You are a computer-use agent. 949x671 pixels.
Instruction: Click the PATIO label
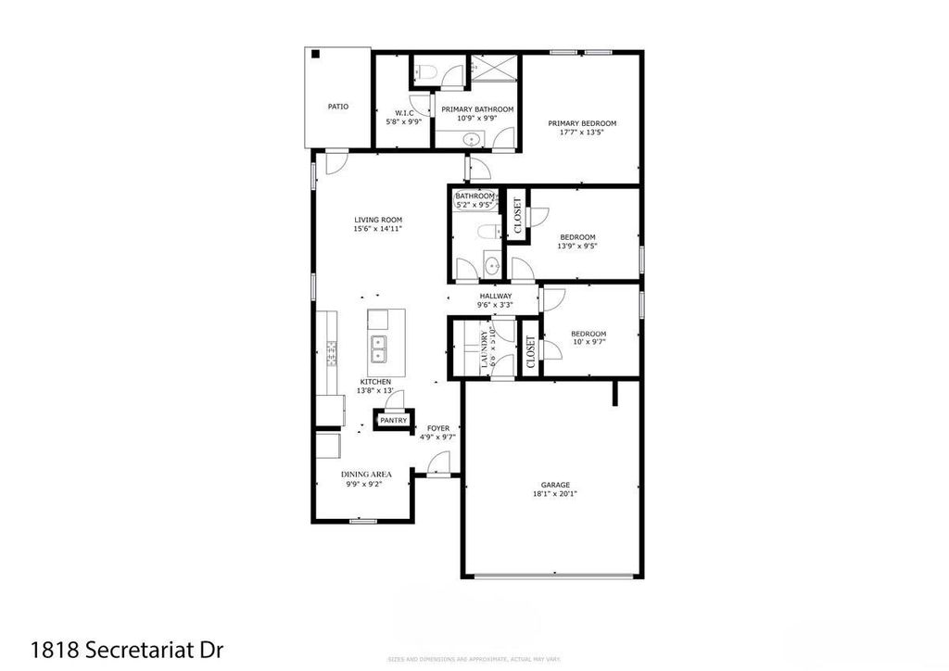[338, 107]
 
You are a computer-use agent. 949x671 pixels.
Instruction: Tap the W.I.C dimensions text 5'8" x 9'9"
[404, 121]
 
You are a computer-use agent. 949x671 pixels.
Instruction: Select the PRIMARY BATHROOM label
[476, 109]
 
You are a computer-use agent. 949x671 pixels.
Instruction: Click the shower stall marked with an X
[494, 70]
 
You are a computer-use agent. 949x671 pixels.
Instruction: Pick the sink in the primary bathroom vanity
[472, 140]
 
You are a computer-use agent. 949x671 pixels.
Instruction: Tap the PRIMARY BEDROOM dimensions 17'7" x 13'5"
[581, 133]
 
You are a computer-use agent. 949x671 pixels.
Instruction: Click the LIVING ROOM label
[377, 220]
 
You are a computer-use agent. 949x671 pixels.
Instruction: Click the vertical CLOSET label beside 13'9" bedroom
[517, 214]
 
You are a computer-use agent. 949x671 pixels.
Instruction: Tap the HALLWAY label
[495, 296]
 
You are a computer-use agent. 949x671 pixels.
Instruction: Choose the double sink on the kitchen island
[379, 348]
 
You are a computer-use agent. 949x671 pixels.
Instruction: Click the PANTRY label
[393, 420]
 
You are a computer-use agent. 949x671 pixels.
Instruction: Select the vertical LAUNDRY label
[484, 348]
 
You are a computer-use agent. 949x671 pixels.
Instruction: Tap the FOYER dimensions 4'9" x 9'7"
[438, 437]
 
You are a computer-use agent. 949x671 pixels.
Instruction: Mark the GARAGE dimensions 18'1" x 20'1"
[556, 494]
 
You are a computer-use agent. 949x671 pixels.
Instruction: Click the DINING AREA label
[366, 474]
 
